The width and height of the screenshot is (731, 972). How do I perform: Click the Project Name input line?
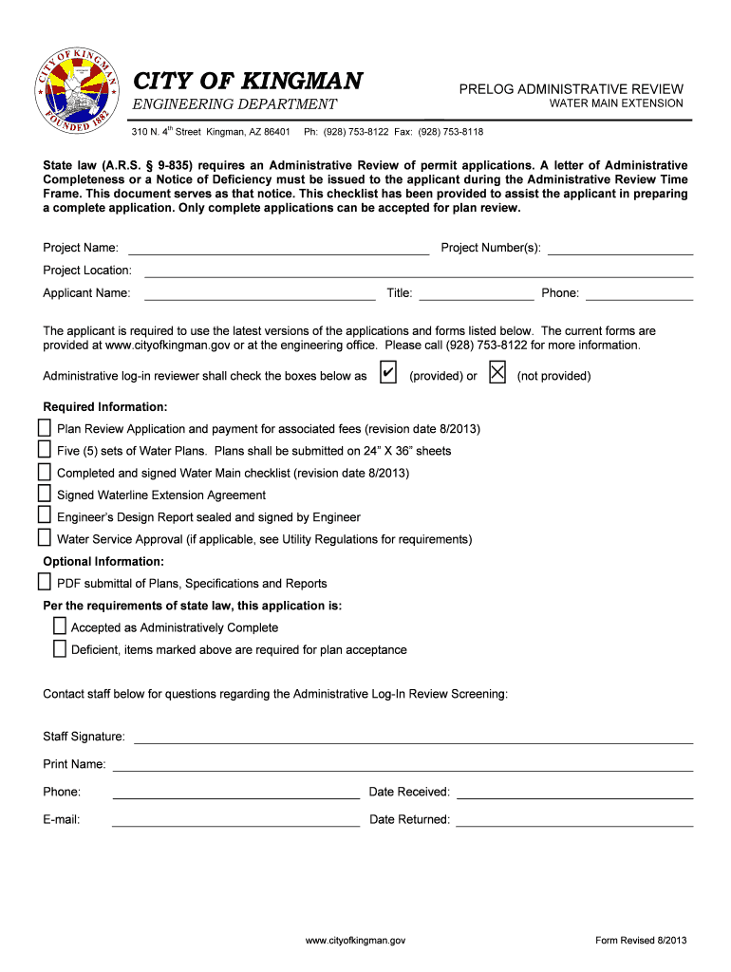(x=278, y=250)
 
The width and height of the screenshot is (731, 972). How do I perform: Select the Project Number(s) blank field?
(x=620, y=250)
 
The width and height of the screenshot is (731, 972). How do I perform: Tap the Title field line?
(x=476, y=294)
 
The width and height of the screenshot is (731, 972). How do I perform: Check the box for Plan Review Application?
(x=45, y=428)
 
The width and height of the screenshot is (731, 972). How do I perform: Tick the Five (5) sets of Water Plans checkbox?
(x=45, y=450)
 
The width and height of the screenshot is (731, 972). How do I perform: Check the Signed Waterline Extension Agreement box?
(x=45, y=494)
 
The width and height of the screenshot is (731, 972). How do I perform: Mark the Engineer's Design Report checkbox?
(x=45, y=515)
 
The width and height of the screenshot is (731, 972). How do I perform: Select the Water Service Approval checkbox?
(x=45, y=538)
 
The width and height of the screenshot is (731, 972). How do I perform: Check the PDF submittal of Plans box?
(x=45, y=582)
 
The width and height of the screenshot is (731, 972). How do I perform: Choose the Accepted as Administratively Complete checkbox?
(x=59, y=626)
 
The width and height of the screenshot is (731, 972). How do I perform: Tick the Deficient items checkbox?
(x=59, y=649)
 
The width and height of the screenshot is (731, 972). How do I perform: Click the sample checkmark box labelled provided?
(x=387, y=374)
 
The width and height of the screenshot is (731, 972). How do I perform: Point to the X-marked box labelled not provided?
(x=497, y=374)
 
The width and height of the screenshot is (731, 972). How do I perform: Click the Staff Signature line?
(x=413, y=738)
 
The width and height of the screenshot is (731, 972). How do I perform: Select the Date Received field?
(x=574, y=793)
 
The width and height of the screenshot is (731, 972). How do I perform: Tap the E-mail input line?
(x=235, y=820)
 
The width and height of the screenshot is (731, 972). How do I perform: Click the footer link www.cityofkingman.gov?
(x=356, y=940)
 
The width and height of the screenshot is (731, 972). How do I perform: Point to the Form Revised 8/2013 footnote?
(x=641, y=940)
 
